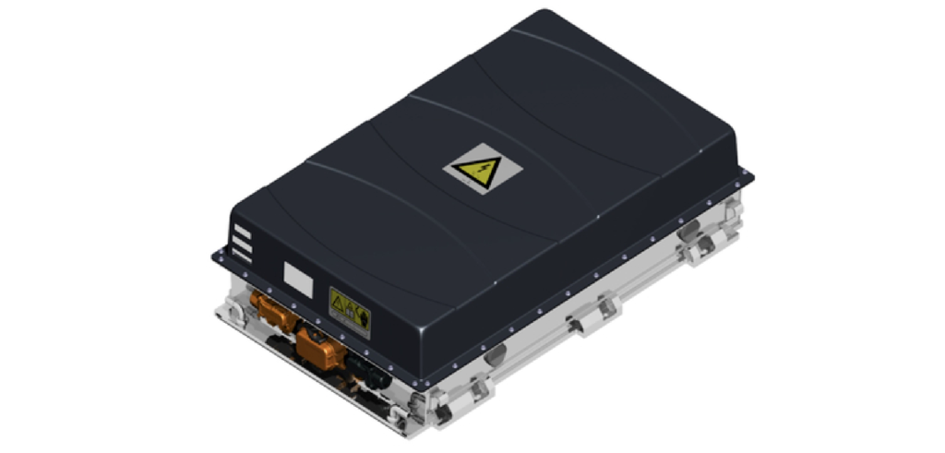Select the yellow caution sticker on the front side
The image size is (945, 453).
350,311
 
